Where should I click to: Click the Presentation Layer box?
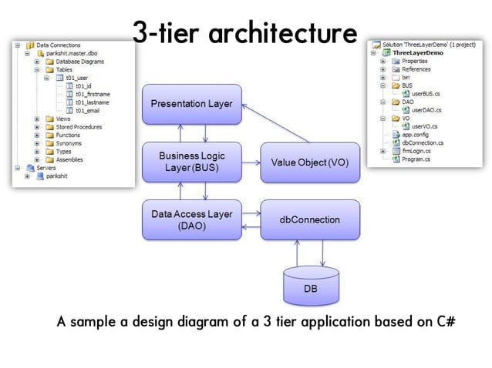point(192,104)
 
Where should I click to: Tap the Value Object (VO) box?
point(310,162)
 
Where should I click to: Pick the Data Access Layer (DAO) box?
point(192,220)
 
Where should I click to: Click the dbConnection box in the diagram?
point(310,220)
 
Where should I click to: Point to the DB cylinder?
point(310,287)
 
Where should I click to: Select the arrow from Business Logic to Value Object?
point(251,162)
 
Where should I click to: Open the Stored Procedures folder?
point(78,127)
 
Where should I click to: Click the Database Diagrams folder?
point(81,62)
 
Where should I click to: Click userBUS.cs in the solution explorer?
point(426,93)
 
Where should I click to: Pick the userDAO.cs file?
point(426,109)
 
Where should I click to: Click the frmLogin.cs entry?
point(417,151)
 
